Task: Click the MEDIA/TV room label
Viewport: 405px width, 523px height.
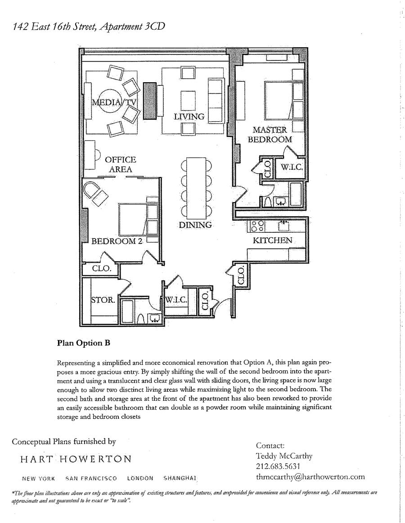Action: pyautogui.click(x=114, y=102)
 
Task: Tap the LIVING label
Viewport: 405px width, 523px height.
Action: pyautogui.click(x=189, y=116)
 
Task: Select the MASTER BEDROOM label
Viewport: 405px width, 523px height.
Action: pyautogui.click(x=270, y=134)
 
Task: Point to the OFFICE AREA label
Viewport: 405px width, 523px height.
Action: pyautogui.click(x=120, y=164)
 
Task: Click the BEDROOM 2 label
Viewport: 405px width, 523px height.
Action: pyautogui.click(x=117, y=241)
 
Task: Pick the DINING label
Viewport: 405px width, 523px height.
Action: pyautogui.click(x=195, y=225)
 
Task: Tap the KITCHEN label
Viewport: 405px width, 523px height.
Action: pyautogui.click(x=272, y=240)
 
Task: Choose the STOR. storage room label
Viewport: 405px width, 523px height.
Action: pyautogui.click(x=103, y=300)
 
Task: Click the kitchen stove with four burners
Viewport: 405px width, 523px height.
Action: pyautogui.click(x=258, y=226)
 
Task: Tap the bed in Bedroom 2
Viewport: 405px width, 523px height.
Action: pyautogui.click(x=138, y=220)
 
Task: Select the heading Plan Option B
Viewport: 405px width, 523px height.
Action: pyautogui.click(x=84, y=343)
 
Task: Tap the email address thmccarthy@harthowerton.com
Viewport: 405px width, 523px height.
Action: pyautogui.click(x=310, y=477)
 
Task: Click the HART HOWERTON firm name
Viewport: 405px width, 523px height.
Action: pyautogui.click(x=76, y=459)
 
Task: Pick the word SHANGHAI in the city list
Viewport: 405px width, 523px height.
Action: pyautogui.click(x=180, y=479)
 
